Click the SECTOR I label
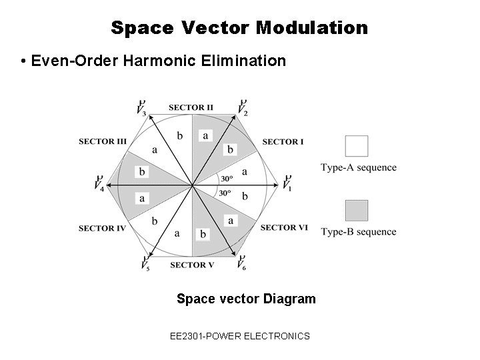pyautogui.click(x=283, y=141)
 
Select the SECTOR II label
pyautogui.click(x=191, y=107)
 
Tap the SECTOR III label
pyautogui.click(x=103, y=141)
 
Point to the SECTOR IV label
pyautogui.click(x=102, y=229)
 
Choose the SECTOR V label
pyautogui.click(x=192, y=265)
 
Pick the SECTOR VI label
pyautogui.click(x=284, y=228)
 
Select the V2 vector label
pyautogui.click(x=243, y=107)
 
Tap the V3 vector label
pyautogui.click(x=141, y=107)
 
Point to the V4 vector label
pyautogui.click(x=99, y=183)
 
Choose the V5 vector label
pyautogui.click(x=145, y=263)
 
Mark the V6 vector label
pyautogui.click(x=241, y=263)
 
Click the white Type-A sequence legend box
pyautogui.click(x=357, y=146)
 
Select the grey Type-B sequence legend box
pyautogui.click(x=357, y=211)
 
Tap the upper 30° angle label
pyautogui.click(x=226, y=179)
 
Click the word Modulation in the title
pyautogui.click(x=311, y=28)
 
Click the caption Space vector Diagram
pyautogui.click(x=246, y=299)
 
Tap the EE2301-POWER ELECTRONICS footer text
pyautogui.click(x=240, y=336)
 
